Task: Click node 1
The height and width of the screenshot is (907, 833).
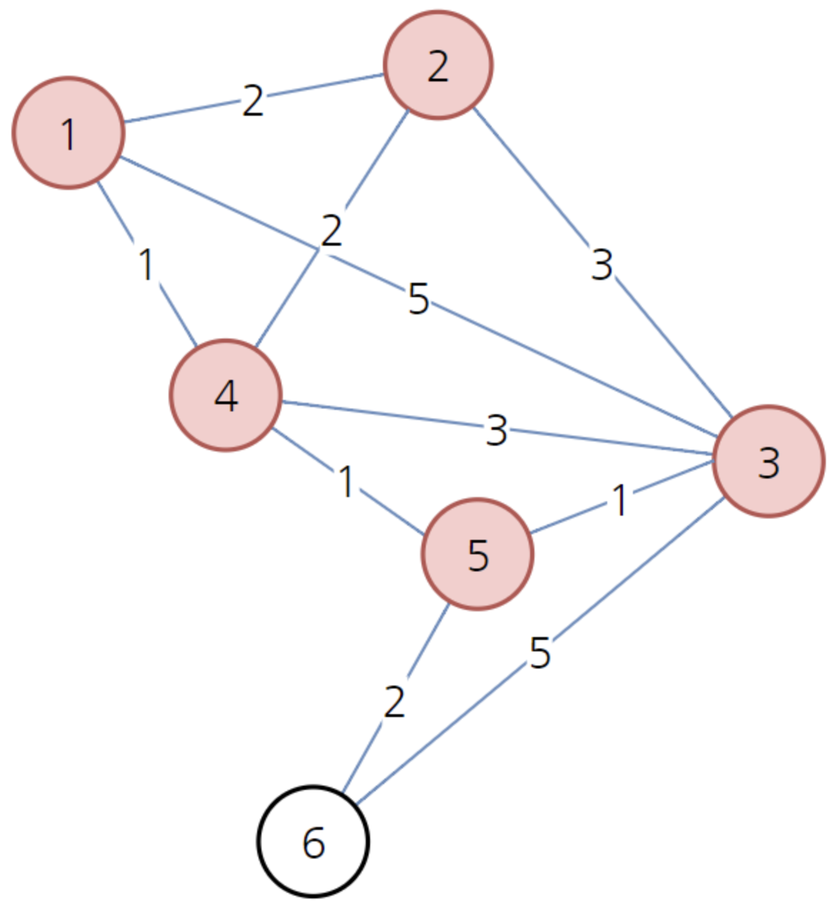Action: point(69,133)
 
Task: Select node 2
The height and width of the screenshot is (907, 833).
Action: point(438,65)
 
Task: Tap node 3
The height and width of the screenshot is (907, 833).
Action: point(769,461)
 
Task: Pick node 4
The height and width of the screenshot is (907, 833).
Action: point(226,396)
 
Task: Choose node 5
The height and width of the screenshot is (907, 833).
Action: point(477,554)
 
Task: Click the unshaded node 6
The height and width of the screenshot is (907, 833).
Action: point(313,842)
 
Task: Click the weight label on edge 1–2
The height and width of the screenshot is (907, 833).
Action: point(253,101)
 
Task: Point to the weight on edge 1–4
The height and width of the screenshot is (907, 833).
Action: point(146,264)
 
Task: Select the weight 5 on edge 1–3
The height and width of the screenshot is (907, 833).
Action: point(419,299)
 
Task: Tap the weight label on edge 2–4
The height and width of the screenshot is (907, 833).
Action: point(331,231)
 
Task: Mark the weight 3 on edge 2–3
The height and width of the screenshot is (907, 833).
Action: point(602,265)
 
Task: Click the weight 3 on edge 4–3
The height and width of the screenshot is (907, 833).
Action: point(497,431)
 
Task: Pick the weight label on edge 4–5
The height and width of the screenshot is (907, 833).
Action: point(346,481)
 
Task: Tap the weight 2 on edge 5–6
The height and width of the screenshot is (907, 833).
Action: point(394,701)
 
